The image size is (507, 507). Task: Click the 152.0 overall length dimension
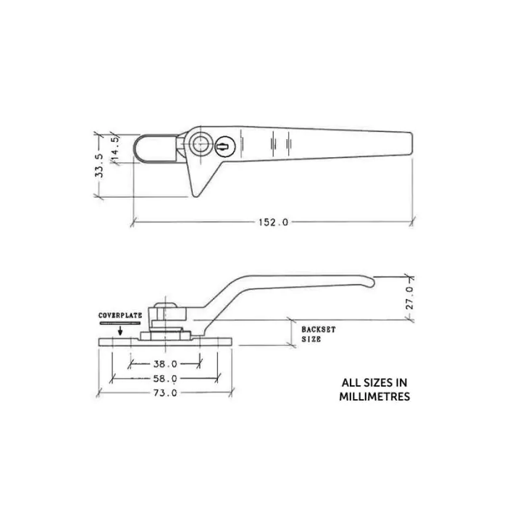(273, 222)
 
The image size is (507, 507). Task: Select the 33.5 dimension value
(99, 166)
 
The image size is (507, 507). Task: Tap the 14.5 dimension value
(114, 148)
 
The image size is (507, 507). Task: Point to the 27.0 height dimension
(409, 298)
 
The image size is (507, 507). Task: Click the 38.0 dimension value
(165, 364)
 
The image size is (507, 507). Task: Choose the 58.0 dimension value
(165, 378)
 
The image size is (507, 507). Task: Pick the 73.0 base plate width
(165, 393)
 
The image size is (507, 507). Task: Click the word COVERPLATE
(120, 315)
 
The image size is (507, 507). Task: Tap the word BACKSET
(319, 330)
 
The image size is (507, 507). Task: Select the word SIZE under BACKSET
(311, 339)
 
